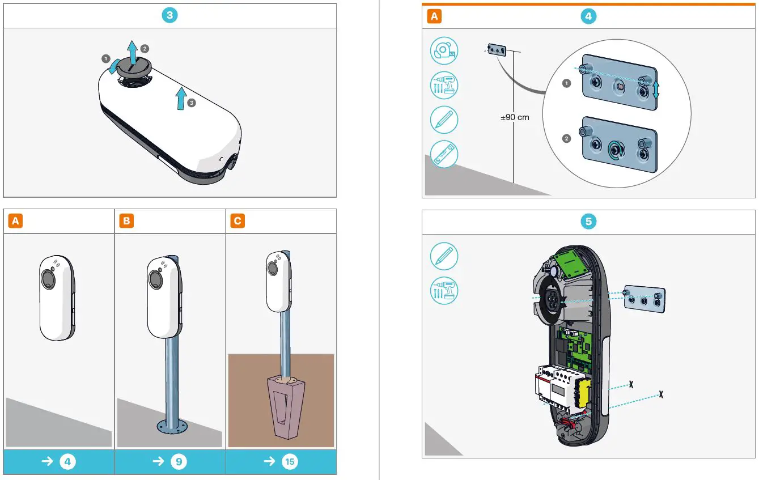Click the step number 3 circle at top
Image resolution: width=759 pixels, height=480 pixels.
(x=169, y=16)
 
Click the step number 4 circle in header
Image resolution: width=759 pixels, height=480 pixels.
(x=588, y=16)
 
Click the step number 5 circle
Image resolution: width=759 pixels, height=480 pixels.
(x=588, y=222)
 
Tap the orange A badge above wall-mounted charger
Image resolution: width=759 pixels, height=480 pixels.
(x=16, y=221)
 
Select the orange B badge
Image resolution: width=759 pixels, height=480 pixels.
(x=126, y=221)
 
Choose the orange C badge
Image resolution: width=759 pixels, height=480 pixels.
(x=238, y=221)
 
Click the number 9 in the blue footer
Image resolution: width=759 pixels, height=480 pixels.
(x=178, y=462)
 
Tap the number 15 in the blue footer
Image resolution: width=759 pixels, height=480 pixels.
(x=289, y=462)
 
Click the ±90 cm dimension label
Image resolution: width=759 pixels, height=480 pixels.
(x=515, y=117)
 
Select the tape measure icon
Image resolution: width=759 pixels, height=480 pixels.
(x=444, y=51)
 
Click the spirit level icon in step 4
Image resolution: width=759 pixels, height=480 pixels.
(x=444, y=154)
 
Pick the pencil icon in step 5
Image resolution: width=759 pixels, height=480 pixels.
(x=444, y=256)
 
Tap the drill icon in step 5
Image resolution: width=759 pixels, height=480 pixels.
(x=444, y=291)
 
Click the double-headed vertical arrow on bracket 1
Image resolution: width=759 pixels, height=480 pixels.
(x=656, y=88)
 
